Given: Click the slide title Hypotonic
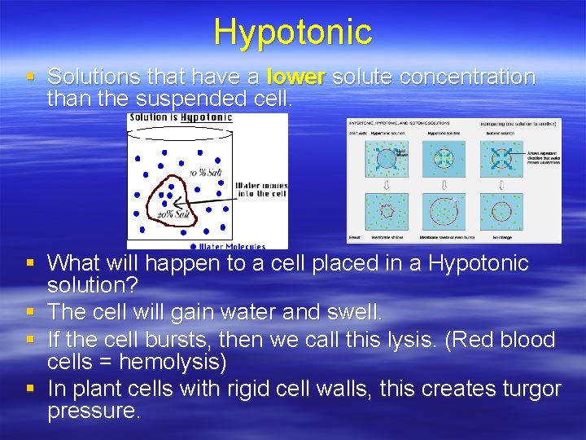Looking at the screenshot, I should pyautogui.click(x=293, y=32).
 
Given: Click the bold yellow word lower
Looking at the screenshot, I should pyautogui.click(x=296, y=77).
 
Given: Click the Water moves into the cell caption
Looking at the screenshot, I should pyautogui.click(x=260, y=190).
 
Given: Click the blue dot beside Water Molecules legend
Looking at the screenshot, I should pyautogui.click(x=193, y=245).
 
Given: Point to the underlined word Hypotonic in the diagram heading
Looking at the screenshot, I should pyautogui.click(x=206, y=117).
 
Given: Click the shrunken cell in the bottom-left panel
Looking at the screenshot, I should pyautogui.click(x=387, y=210).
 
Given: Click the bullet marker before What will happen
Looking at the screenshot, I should pyautogui.click(x=29, y=262).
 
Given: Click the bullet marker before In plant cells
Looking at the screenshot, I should pyautogui.click(x=29, y=389).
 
